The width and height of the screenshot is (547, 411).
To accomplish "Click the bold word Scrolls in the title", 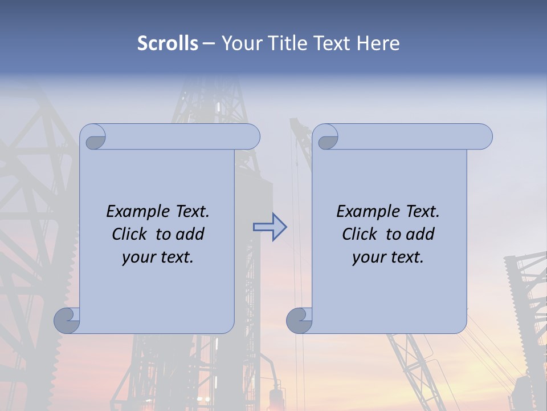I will coord(168,43).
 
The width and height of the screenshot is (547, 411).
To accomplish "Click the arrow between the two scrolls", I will coord(270,227).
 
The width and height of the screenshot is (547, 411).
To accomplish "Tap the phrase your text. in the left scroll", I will coord(158,257).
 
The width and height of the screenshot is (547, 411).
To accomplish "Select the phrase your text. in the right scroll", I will coord(388,257).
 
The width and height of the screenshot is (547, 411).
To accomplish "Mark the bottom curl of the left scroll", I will coord(67,320).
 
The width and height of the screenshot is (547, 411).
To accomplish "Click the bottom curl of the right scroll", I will coord(299,320).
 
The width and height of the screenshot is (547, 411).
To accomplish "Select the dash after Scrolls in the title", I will coord(209,43).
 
